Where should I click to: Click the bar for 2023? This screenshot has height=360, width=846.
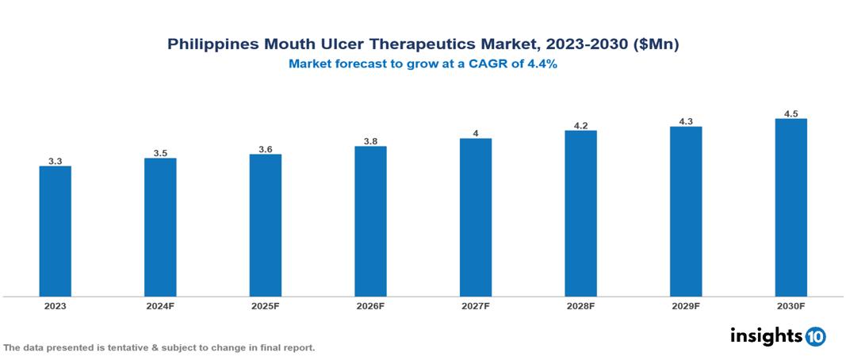click(x=56, y=231)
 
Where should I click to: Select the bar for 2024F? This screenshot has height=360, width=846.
click(x=160, y=227)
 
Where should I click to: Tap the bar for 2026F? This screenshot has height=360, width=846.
click(x=370, y=221)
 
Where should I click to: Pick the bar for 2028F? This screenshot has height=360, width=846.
click(x=580, y=213)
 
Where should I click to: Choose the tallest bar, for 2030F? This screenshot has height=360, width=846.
click(x=790, y=208)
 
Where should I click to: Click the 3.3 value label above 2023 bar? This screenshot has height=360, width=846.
click(x=56, y=161)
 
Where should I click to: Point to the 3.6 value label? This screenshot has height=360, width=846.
click(x=266, y=149)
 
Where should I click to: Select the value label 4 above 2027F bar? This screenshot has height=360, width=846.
click(x=476, y=133)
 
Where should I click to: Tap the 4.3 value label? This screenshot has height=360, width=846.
click(x=686, y=121)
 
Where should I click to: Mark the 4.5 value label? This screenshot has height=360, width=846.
click(x=790, y=114)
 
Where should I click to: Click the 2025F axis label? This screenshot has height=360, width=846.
click(x=266, y=306)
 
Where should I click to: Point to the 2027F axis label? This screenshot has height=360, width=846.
click(x=476, y=306)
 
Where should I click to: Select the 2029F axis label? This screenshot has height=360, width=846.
click(x=686, y=306)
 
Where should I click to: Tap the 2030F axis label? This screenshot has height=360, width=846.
click(x=790, y=306)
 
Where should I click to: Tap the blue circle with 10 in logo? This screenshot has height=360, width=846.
click(x=815, y=336)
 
